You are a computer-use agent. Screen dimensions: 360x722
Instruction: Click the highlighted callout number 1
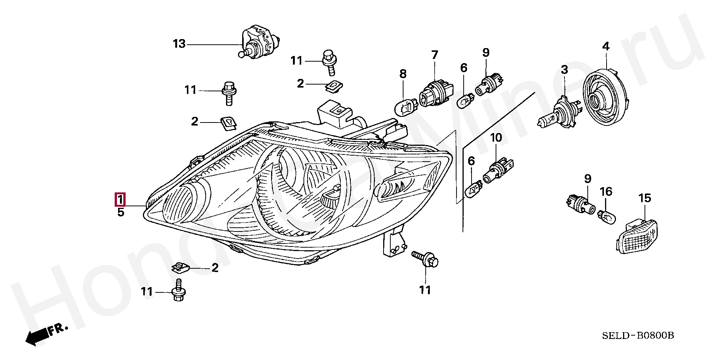point(120,199)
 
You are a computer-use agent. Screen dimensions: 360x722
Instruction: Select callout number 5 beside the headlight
point(120,212)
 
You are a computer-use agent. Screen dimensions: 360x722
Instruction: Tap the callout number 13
point(179,44)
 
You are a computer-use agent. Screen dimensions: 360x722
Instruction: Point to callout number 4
point(605,47)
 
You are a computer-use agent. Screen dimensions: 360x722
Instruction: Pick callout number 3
point(564,70)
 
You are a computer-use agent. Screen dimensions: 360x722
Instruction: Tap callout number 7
point(435,55)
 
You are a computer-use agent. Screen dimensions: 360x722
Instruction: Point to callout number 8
point(403,74)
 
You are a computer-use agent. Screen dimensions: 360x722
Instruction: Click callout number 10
point(496,138)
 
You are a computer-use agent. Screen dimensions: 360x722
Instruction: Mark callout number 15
point(645,198)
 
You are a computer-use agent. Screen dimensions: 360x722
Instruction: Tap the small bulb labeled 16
point(607,217)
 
